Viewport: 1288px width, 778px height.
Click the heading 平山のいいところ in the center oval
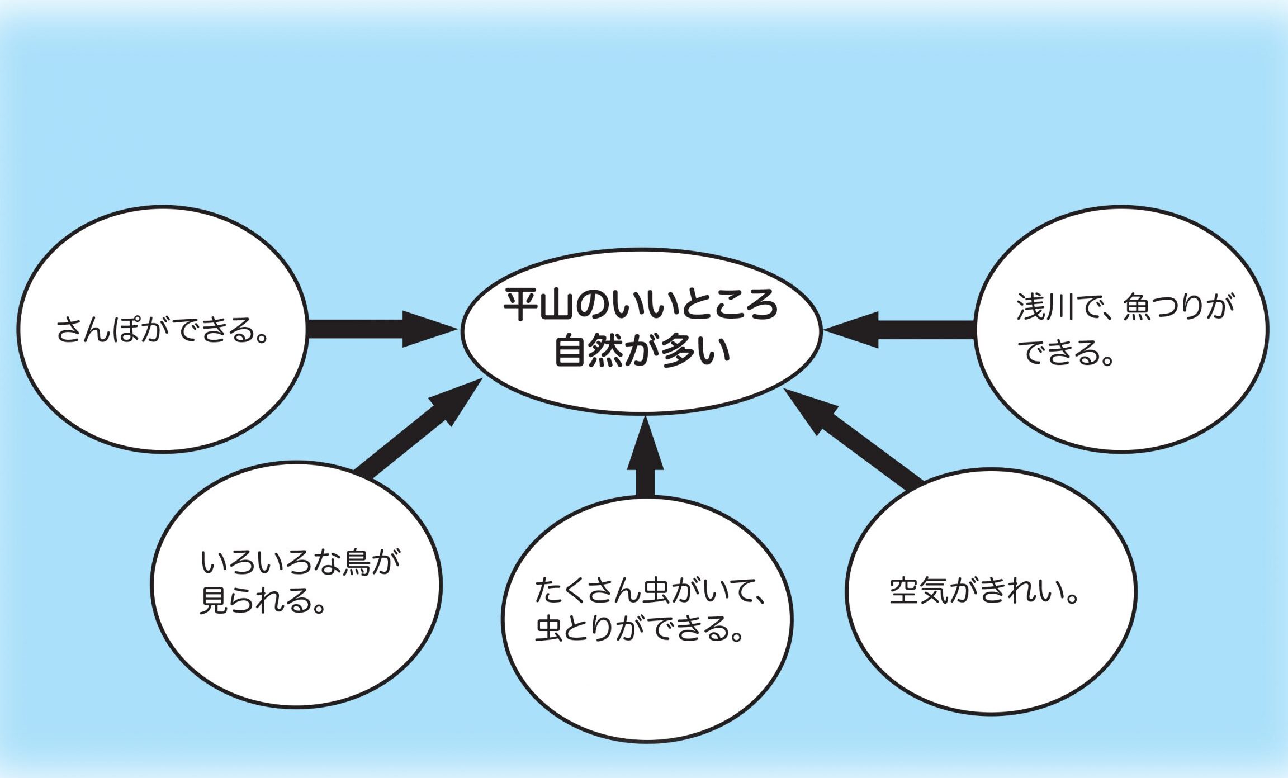click(641, 306)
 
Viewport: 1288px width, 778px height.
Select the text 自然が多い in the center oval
click(642, 351)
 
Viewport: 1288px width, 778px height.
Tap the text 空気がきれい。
click(984, 591)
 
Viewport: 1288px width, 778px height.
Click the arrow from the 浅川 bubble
click(899, 330)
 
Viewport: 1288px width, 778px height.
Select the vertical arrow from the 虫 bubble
click(645, 456)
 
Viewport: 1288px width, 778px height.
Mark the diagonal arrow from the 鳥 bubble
click(419, 428)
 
